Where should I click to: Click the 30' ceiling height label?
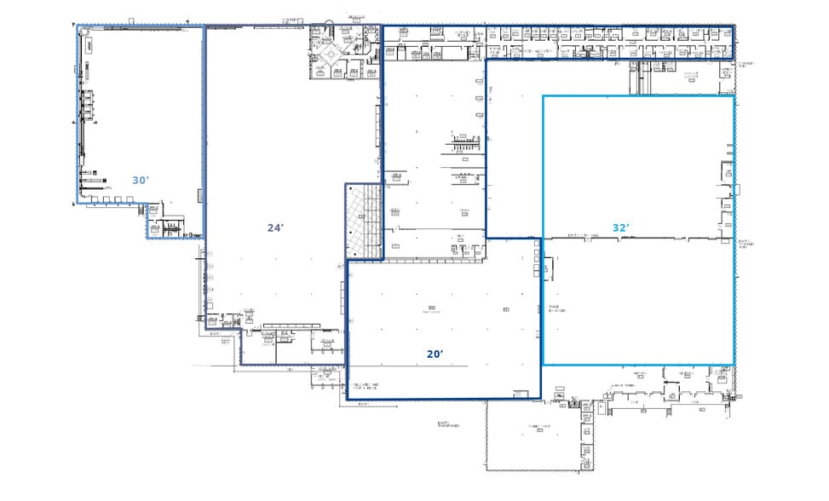(141, 180)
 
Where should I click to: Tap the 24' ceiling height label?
(274, 227)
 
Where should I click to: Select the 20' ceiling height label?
(435, 354)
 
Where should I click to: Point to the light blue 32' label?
(621, 227)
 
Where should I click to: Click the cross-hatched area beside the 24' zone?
(364, 221)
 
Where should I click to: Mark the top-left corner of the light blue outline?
(544, 95)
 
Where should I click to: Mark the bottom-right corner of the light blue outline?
(734, 365)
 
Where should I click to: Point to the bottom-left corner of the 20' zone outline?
(347, 399)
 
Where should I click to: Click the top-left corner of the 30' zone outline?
(78, 26)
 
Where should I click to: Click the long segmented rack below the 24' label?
(291, 325)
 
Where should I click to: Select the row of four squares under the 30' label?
(110, 199)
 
